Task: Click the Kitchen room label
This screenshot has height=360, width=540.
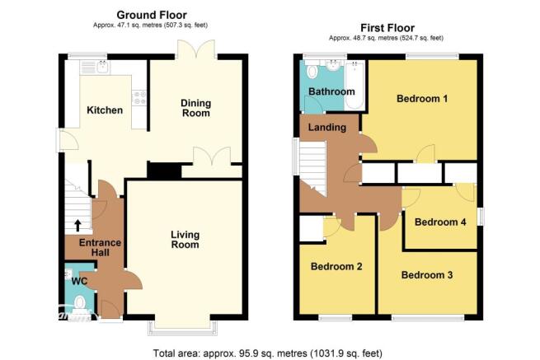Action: click(x=105, y=110)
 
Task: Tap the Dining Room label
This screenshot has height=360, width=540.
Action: click(x=196, y=108)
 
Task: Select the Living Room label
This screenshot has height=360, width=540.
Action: click(x=185, y=240)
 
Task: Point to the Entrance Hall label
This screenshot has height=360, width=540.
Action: click(x=100, y=247)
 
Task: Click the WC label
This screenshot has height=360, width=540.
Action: click(x=79, y=281)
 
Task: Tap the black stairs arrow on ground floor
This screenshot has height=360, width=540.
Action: click(x=77, y=226)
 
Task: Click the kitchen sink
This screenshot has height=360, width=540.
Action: click(x=103, y=67)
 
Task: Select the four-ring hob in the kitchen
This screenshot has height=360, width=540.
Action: click(x=139, y=97)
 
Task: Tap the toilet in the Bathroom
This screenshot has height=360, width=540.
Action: click(x=312, y=70)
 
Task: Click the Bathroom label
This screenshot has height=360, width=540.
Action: click(x=331, y=91)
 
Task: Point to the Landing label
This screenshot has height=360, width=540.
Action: click(x=327, y=128)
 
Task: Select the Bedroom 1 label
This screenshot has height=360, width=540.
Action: click(x=422, y=99)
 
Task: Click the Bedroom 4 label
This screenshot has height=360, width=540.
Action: click(x=440, y=222)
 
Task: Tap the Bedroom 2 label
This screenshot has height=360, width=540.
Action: click(x=336, y=266)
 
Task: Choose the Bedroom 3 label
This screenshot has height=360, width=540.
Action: click(x=427, y=275)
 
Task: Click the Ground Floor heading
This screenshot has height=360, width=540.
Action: click(x=152, y=15)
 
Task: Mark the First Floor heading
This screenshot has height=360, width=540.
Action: click(x=387, y=27)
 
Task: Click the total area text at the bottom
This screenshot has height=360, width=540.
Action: click(x=268, y=353)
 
